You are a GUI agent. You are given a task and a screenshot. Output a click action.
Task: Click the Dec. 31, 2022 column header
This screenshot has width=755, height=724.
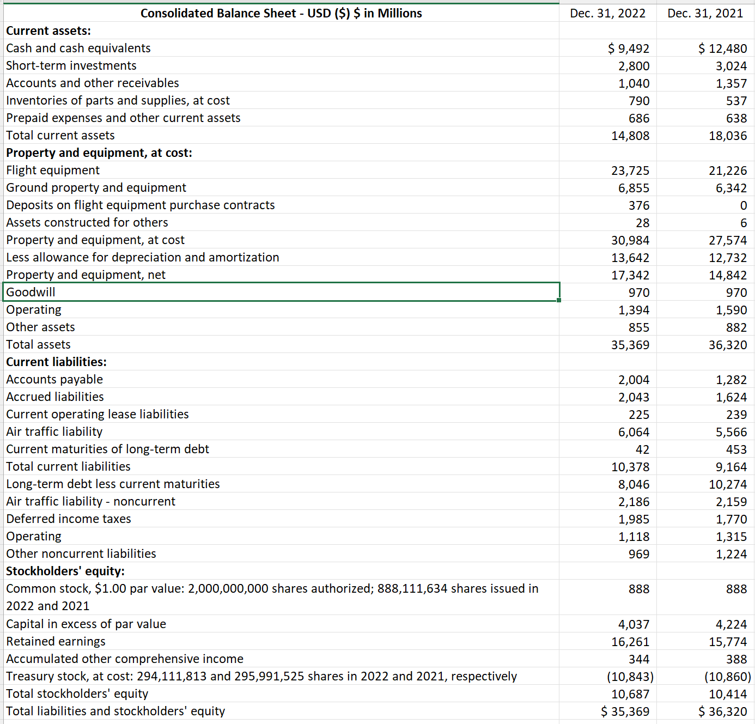coord(607,13)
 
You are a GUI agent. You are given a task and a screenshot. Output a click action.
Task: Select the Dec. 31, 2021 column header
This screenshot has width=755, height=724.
coord(705,13)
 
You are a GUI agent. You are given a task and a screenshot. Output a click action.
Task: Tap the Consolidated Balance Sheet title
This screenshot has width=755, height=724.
coord(281,13)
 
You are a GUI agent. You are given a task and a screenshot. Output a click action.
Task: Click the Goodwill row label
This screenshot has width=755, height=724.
coord(31,292)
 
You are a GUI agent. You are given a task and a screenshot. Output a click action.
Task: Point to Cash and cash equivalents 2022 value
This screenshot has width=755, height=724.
coord(629,48)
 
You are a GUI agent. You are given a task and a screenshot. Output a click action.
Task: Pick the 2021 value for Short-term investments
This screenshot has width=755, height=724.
coord(731,66)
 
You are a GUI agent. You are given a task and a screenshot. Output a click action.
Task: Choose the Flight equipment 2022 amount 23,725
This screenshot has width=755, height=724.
coord(630,171)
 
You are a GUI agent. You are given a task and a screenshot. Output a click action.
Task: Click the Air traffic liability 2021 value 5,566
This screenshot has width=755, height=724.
coord(731,432)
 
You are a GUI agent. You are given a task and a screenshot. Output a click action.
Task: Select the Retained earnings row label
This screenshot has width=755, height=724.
coord(56,641)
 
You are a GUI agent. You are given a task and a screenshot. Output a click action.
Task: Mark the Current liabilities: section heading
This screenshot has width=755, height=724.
coord(56,362)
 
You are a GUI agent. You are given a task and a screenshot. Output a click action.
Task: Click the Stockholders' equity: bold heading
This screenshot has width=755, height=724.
coord(65,571)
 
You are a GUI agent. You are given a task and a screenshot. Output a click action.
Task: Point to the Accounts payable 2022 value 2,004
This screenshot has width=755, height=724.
coord(634,380)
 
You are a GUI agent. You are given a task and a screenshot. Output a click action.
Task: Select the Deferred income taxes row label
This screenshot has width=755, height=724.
coord(69,519)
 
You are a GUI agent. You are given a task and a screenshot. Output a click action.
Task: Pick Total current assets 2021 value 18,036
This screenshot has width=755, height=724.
coord(728,136)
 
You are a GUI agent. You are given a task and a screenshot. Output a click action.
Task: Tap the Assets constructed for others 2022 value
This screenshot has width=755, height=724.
coord(642,223)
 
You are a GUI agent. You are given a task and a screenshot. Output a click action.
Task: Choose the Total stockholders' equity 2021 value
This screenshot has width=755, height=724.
coord(728,694)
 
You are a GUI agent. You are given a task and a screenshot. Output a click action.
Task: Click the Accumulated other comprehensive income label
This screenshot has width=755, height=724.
coord(125,659)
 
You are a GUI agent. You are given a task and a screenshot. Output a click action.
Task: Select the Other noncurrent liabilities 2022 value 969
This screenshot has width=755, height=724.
coord(638,554)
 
